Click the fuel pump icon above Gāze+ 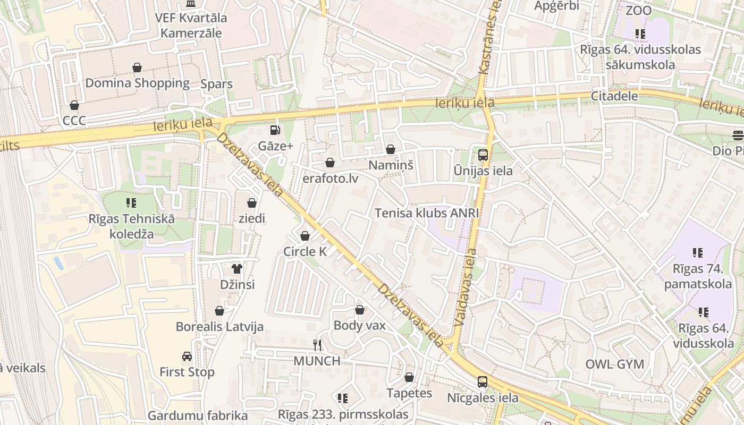click(275, 130)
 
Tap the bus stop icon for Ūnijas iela click(483, 155)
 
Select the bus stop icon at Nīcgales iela click(482, 381)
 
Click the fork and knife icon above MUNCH click(317, 345)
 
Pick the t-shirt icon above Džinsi click(237, 269)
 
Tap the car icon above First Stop click(187, 356)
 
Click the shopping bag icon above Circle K click(305, 236)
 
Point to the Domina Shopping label click(137, 83)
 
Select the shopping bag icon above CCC click(74, 105)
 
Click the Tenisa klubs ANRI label click(427, 213)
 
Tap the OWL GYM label click(614, 364)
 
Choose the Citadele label click(614, 96)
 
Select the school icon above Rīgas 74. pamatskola click(697, 253)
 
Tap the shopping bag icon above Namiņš click(391, 150)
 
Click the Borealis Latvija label click(219, 327)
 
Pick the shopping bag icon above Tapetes click(409, 377)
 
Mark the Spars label click(216, 84)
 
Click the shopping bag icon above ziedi click(252, 203)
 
